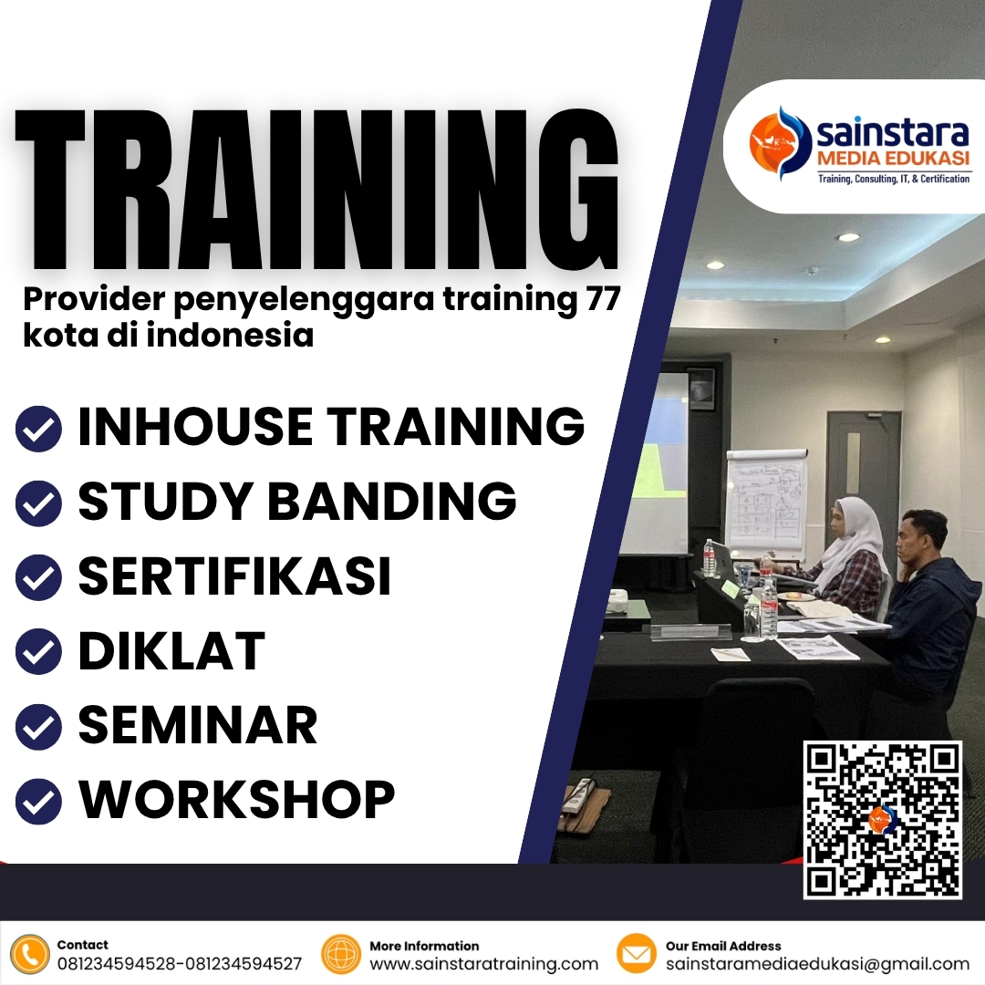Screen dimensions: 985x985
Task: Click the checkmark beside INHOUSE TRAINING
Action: [38, 429]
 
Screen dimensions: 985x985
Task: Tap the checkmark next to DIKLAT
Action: [38, 651]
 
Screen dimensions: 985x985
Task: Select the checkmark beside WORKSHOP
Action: [38, 801]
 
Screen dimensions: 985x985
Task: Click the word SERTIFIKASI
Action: [234, 576]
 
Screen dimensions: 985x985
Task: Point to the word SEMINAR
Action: [197, 725]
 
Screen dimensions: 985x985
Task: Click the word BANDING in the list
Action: [392, 502]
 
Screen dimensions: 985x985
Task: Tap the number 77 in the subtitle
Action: [603, 298]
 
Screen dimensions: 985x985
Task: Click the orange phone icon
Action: [29, 954]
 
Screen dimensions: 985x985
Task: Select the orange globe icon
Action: [340, 954]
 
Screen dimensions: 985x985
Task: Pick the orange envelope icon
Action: [636, 954]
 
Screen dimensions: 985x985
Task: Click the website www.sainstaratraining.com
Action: [483, 964]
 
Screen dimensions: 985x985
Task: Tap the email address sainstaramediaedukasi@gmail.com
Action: [817, 964]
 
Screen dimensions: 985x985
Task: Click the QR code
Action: [883, 820]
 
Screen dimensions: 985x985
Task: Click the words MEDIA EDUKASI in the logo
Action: [893, 158]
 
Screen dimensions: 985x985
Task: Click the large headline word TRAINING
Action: [317, 190]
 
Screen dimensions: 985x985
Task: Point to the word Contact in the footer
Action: [82, 945]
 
